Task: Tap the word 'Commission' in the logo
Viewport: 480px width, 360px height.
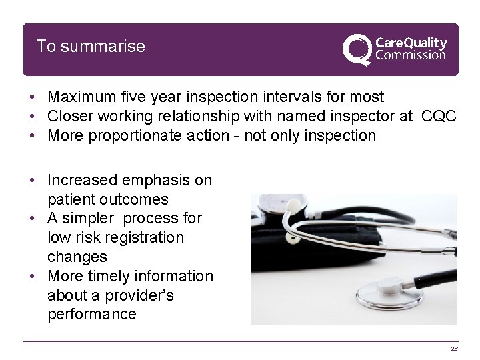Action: click(x=411, y=55)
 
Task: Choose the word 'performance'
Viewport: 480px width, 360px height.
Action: click(x=92, y=314)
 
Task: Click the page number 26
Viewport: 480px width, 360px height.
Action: click(x=455, y=348)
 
